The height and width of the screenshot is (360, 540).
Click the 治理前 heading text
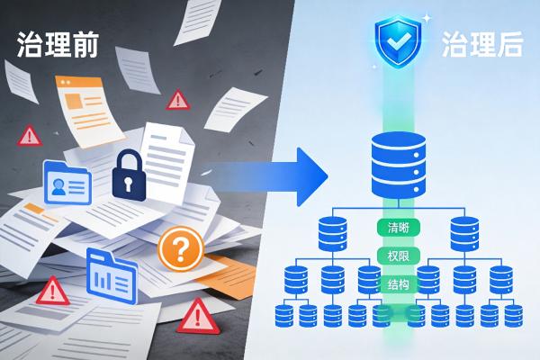tap(58, 44)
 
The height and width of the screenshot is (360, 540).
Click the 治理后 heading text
tap(482, 44)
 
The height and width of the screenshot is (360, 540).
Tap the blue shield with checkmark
tap(398, 41)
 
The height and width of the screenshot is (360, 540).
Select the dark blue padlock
tap(129, 175)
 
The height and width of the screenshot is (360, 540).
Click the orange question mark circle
tap(181, 248)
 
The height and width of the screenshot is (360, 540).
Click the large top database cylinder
tap(399, 166)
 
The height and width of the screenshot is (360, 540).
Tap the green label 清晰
tap(398, 228)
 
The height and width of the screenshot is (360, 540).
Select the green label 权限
tap(398, 256)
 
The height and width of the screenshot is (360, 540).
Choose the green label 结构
tap(398, 284)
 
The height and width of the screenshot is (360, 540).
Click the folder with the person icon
tap(67, 183)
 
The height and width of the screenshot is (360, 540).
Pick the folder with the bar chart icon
tap(112, 275)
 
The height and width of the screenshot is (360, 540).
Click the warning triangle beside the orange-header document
tap(178, 100)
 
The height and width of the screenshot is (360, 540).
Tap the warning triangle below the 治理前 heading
tap(30, 136)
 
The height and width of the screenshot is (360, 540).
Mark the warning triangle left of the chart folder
tap(53, 291)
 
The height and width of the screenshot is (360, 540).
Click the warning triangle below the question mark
tap(198, 316)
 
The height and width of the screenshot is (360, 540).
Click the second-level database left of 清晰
tap(332, 234)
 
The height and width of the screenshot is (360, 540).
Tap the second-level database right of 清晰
tap(464, 234)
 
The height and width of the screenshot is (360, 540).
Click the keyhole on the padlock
tap(129, 184)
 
